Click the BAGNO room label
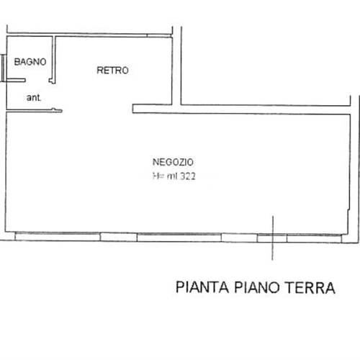point(29,62)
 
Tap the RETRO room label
point(113,71)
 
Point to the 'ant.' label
point(33,96)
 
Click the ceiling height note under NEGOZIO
point(175,176)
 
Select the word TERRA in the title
point(311,288)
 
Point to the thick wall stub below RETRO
point(153,109)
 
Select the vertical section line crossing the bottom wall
point(272,238)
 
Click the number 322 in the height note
point(189,176)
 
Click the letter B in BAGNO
point(16,62)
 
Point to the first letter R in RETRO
point(100,71)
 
